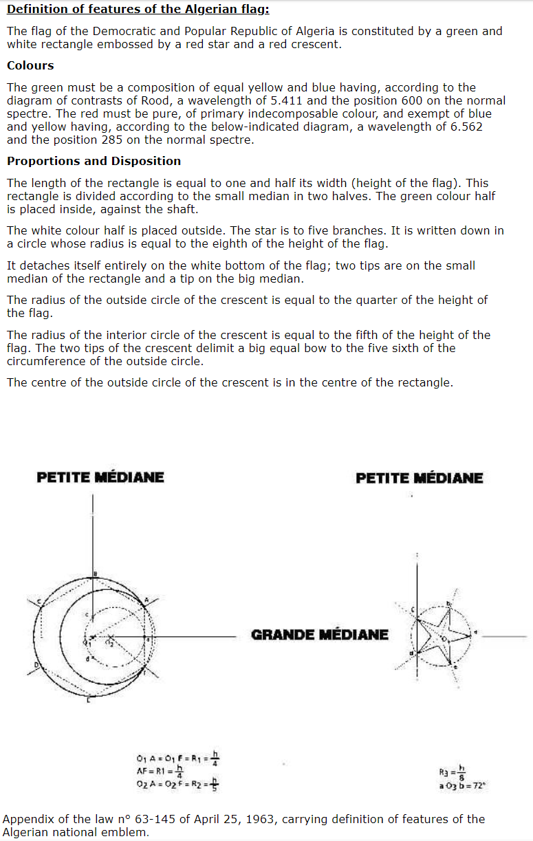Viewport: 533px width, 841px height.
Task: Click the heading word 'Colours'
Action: (30, 65)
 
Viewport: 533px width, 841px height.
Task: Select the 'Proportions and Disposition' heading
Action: (94, 161)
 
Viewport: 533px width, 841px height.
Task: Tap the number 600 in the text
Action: (423, 100)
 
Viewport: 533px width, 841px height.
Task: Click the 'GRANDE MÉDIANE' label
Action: (320, 635)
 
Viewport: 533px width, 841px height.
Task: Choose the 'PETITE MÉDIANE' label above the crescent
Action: (100, 477)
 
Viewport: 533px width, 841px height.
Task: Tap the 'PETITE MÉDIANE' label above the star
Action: (420, 478)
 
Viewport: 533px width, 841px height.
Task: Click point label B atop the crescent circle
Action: (95, 574)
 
